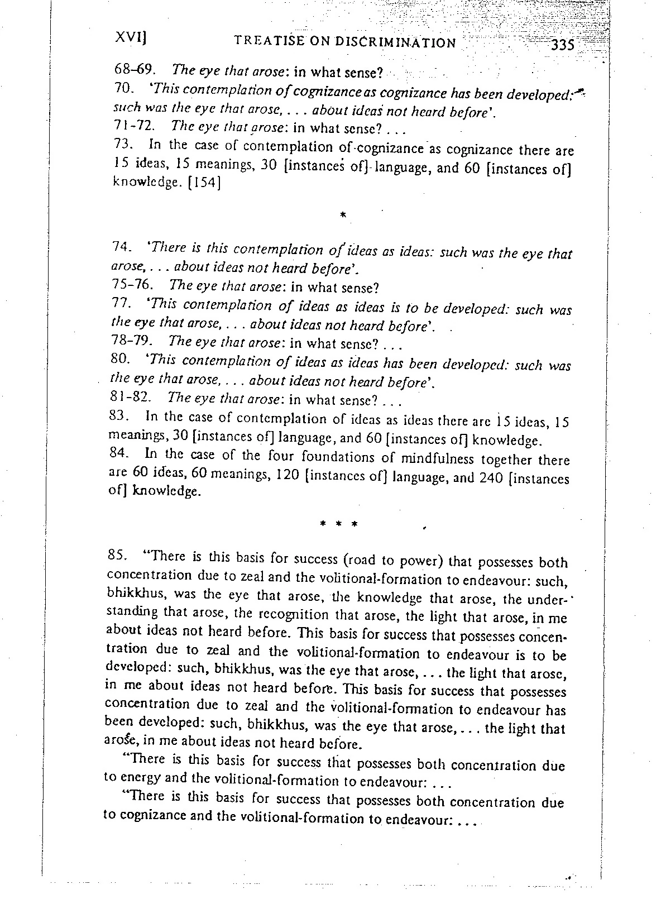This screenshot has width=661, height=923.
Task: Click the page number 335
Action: tap(562, 45)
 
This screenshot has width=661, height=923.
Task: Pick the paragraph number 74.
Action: tap(121, 246)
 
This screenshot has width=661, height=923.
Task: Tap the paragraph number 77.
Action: tap(121, 304)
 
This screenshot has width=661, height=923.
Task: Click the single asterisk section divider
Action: tap(343, 215)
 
